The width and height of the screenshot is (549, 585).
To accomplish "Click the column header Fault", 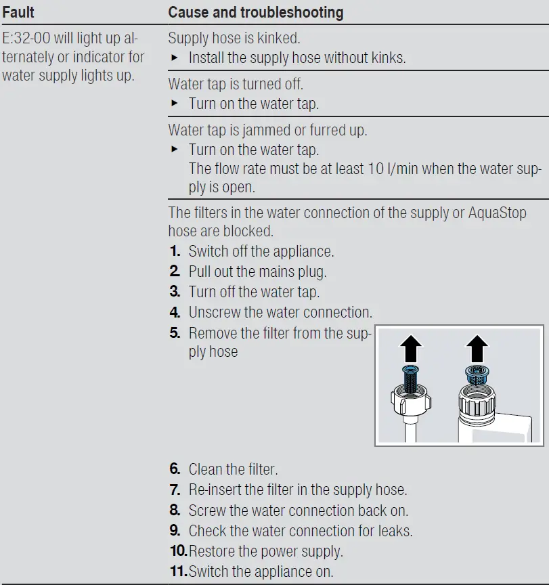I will click(x=18, y=12).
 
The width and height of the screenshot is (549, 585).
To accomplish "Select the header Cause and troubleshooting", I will click(x=255, y=12).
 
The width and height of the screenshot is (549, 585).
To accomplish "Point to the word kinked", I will click(x=278, y=38).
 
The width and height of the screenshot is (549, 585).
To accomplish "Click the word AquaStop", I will click(x=498, y=213).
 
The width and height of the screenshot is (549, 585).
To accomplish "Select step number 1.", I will click(x=175, y=252).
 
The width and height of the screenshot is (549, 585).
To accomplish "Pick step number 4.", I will click(x=175, y=313).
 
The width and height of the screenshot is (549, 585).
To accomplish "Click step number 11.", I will click(x=178, y=571).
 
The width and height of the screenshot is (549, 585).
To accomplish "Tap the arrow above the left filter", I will click(x=410, y=349).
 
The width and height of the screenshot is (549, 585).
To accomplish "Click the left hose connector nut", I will click(x=410, y=403).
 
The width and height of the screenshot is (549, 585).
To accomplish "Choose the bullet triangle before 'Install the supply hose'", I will click(x=174, y=58).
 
